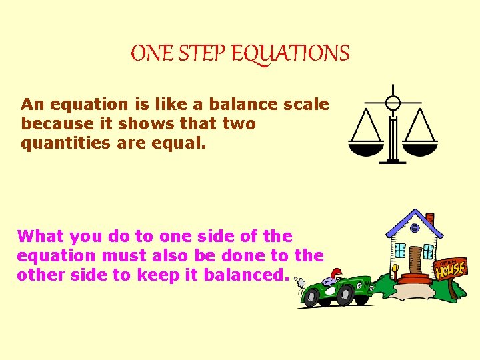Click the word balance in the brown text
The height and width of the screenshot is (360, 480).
tap(248, 105)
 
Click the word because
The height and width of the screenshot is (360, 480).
tap(56, 124)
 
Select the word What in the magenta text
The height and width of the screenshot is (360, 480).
tap(41, 236)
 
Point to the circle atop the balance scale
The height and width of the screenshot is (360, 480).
tap(393, 103)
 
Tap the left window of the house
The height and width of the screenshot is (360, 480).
tap(400, 251)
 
